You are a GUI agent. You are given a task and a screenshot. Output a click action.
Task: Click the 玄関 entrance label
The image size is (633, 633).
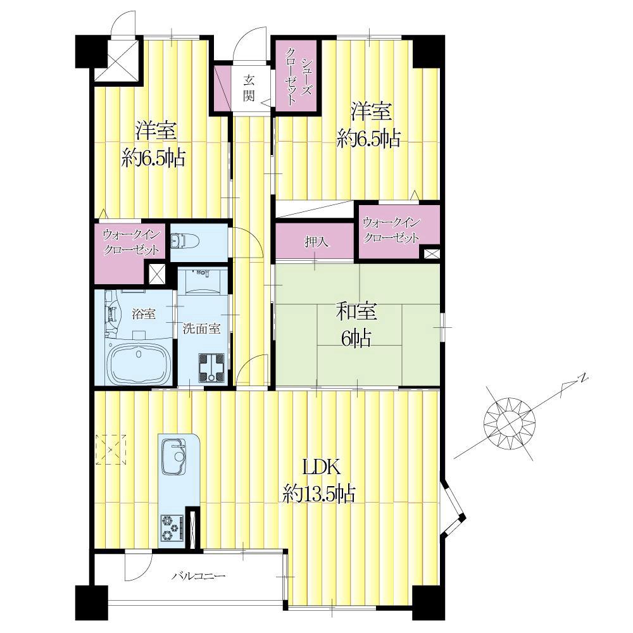point(249,88)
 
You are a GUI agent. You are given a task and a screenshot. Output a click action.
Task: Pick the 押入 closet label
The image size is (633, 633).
point(315,241)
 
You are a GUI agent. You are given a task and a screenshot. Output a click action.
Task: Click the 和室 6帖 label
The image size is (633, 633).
point(356,325)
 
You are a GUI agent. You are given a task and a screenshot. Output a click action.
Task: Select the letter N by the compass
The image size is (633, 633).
point(582,380)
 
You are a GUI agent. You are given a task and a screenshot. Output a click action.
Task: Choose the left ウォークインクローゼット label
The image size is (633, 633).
point(131,242)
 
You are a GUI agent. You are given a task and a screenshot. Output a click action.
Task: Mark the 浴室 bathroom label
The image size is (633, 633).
point(144,314)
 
